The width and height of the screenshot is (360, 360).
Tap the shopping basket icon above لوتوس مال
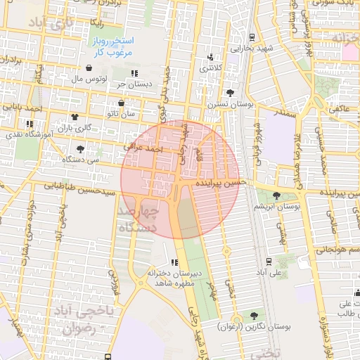tap(89, 68)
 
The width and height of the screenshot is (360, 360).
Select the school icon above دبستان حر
tap(134, 73)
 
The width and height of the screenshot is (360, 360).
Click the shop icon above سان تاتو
tap(121, 103)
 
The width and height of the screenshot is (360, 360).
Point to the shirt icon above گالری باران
tap(75, 117)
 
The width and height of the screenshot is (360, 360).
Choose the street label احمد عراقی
tap(143, 149)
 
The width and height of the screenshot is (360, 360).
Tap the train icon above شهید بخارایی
tap(252, 37)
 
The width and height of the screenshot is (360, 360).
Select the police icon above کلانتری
tap(210, 58)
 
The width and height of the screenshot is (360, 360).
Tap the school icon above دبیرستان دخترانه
tap(174, 262)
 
